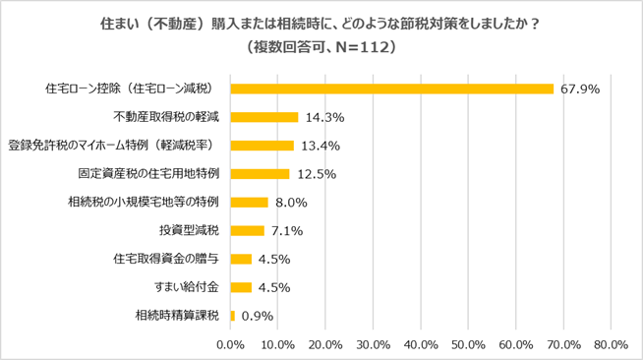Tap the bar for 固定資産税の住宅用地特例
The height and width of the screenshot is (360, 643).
[x=260, y=174]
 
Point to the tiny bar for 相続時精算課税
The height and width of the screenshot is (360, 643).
[x=232, y=316]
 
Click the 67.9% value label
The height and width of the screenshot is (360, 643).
[x=579, y=89]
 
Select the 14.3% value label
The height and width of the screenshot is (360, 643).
[x=322, y=117]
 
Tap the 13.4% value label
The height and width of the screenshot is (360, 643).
[x=319, y=146]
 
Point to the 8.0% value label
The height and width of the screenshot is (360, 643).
[x=292, y=203]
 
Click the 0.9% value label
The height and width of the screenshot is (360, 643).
[x=257, y=316]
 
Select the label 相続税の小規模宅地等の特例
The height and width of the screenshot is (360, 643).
[x=144, y=203]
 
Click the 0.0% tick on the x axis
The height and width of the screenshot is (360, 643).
[x=230, y=344]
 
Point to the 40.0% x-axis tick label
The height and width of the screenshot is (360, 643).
[x=421, y=344]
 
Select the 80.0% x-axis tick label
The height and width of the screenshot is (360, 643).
[x=612, y=344]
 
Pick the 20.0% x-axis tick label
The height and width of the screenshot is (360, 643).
[x=325, y=344]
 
